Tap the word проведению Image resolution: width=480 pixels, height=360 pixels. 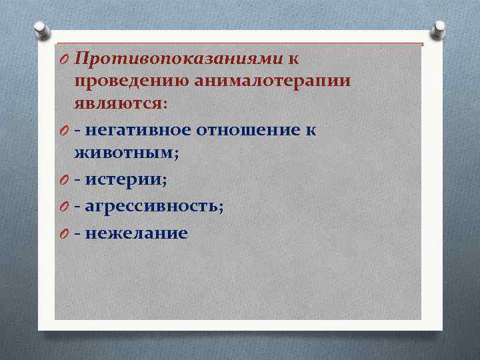pyautogui.click(x=133, y=82)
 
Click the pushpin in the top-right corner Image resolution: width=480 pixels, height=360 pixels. pyautogui.click(x=439, y=29)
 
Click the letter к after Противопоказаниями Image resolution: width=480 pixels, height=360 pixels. pyautogui.click(x=293, y=59)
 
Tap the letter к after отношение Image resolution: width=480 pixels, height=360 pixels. pyautogui.click(x=311, y=129)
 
